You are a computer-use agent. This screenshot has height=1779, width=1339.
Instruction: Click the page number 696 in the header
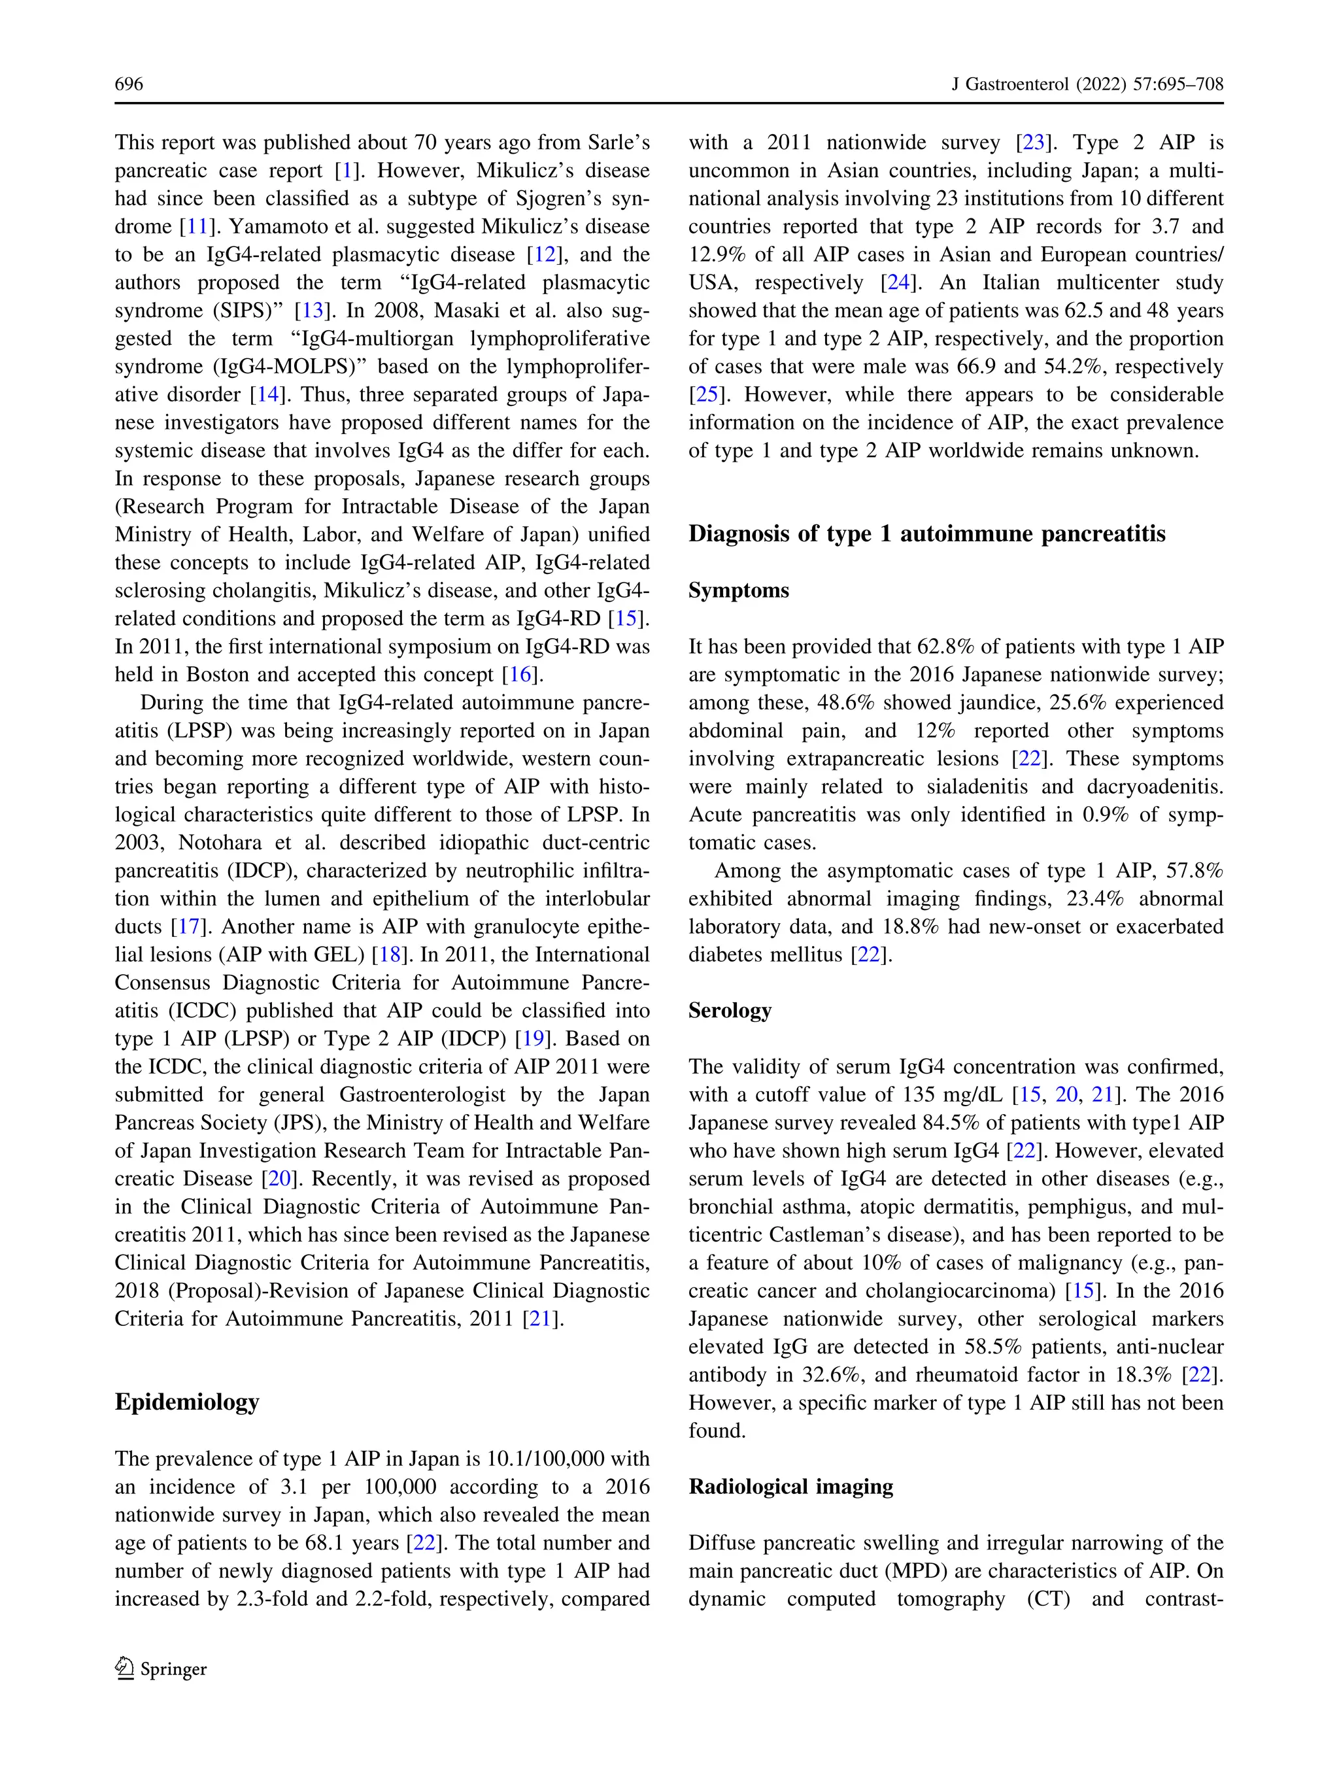pos(129,84)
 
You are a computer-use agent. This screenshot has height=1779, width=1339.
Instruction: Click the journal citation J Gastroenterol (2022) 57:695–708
pos(1087,84)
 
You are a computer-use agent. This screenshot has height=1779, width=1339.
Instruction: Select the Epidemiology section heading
pos(186,1402)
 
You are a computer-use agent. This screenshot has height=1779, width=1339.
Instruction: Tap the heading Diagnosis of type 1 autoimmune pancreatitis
pos(926,534)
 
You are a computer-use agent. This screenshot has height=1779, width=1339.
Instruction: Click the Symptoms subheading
pos(738,590)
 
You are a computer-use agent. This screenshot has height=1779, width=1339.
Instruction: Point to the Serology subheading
pos(730,1010)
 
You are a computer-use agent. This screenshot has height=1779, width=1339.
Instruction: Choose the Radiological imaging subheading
pos(790,1486)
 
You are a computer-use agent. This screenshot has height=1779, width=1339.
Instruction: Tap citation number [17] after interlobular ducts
pos(189,926)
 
